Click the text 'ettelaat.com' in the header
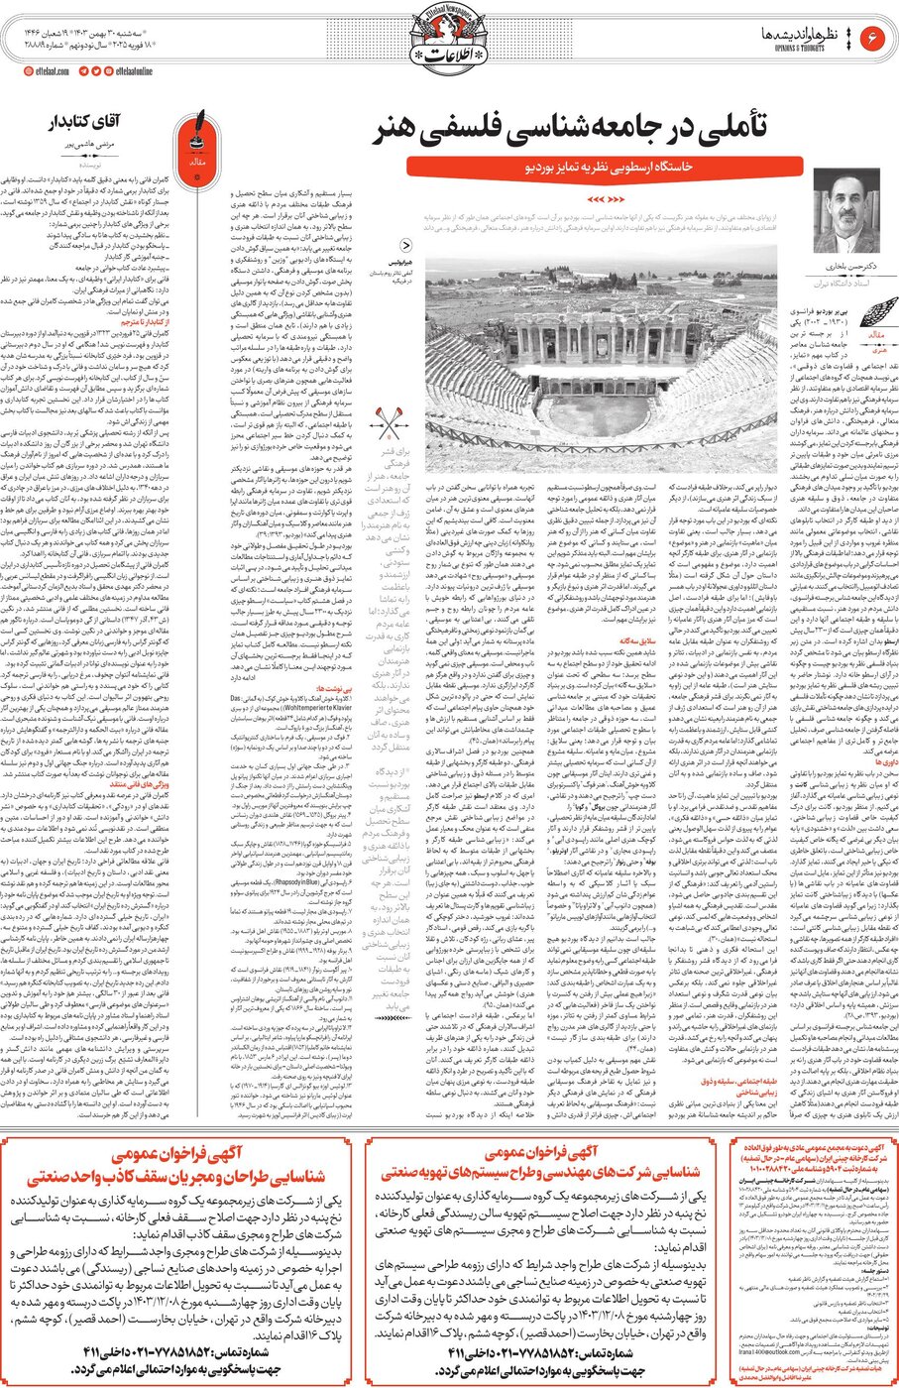[45, 71]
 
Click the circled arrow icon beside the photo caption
[407, 247]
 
